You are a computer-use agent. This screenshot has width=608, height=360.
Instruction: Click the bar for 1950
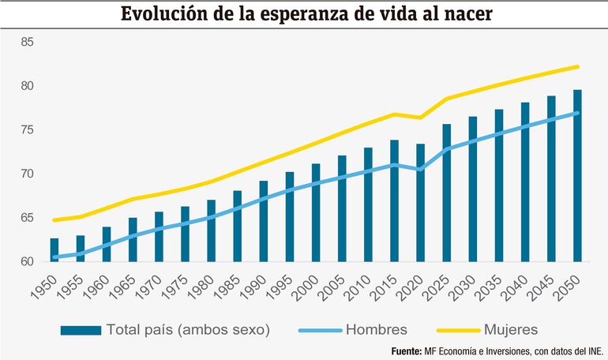tap(54, 249)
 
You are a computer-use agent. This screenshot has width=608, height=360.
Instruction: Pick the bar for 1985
tap(238, 226)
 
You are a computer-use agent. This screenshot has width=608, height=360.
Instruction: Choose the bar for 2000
tap(316, 212)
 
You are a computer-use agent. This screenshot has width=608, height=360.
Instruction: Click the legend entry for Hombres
tap(376, 329)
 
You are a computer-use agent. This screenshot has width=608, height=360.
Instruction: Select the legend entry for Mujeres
tap(512, 329)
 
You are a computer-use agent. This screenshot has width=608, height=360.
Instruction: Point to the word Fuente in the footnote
tap(410, 351)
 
